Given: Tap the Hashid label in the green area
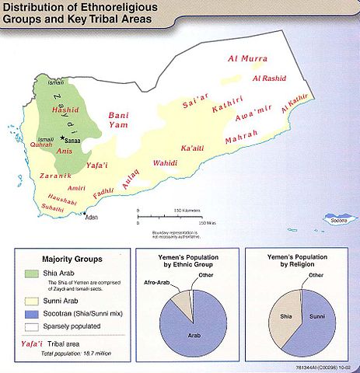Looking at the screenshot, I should click(x=65, y=111).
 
